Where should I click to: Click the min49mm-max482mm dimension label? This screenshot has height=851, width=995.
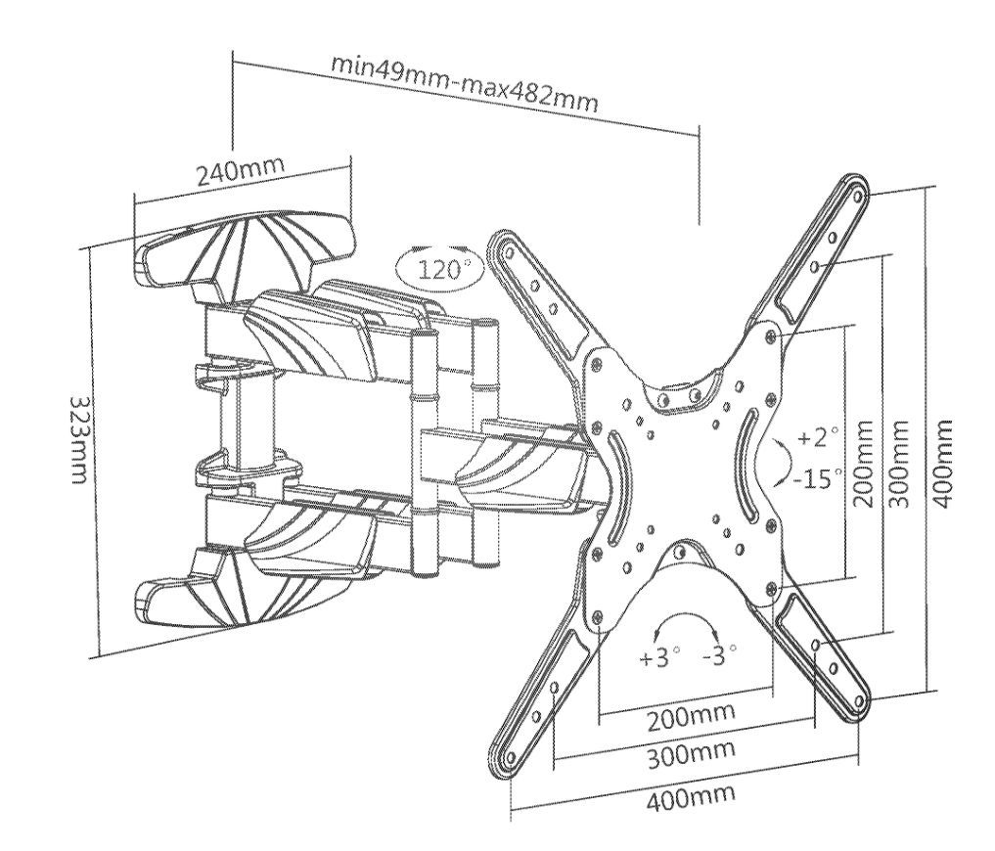(x=464, y=85)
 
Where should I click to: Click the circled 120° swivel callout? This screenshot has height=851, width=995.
(x=443, y=268)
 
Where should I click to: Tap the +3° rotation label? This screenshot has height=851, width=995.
(x=658, y=656)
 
